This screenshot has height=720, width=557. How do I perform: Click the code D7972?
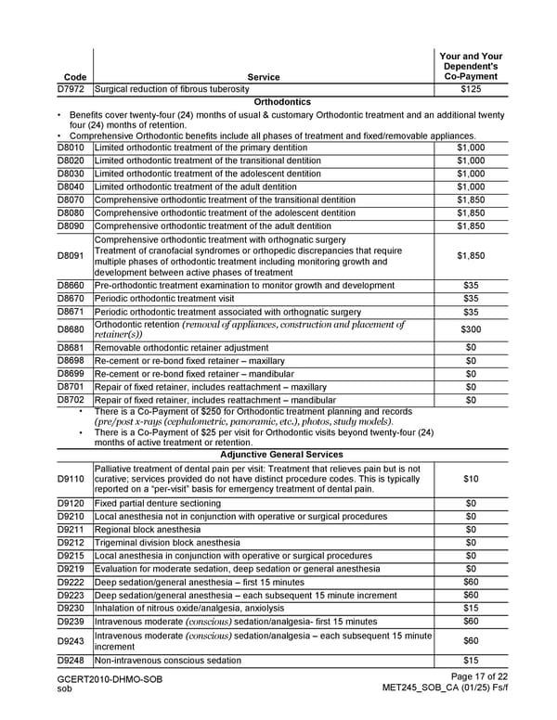tap(71, 89)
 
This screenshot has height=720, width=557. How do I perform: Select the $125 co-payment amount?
tap(470, 89)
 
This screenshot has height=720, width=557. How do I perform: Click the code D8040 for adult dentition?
tap(71, 186)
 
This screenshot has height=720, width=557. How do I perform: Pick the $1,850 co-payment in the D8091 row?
tap(470, 256)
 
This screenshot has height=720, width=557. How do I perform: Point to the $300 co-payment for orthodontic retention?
tap(470, 329)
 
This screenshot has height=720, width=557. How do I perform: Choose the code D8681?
tap(71, 347)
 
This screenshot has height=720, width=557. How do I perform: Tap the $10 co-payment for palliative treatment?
tap(470, 479)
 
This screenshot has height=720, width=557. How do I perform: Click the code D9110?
tap(71, 479)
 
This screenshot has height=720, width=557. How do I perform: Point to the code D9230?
tap(71, 608)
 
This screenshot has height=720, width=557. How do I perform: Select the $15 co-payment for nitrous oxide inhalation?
tap(470, 608)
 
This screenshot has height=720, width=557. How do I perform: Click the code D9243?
tap(71, 640)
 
